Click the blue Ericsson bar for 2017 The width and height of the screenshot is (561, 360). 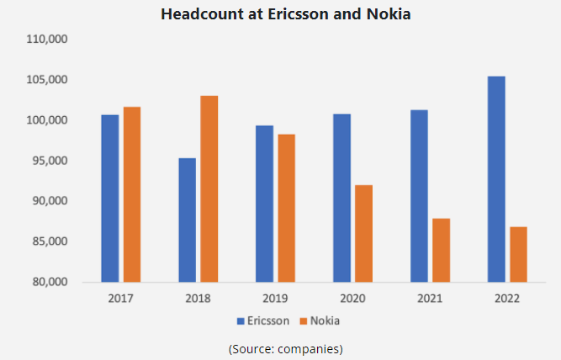tap(110, 198)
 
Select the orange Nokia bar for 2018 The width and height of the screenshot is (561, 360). tap(209, 188)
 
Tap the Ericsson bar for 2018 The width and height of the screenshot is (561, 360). tap(187, 220)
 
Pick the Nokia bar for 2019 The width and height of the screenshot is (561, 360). tap(286, 208)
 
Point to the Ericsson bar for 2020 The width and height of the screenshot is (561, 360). tap(341, 198)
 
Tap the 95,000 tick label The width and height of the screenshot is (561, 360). tap(50, 161)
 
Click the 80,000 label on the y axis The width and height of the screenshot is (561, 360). tap(50, 282)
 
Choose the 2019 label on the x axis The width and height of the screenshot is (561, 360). tap(275, 299)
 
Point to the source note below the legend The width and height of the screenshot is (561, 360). tap(284, 347)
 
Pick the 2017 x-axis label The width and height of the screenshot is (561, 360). tap(121, 299)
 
